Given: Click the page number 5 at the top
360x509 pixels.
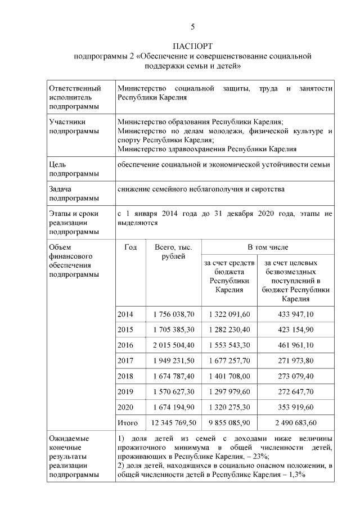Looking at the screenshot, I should pyautogui.click(x=192, y=26).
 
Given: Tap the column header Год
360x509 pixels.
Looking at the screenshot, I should pyautogui.click(x=130, y=247).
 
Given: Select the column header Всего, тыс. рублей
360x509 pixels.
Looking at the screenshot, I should pyautogui.click(x=173, y=252).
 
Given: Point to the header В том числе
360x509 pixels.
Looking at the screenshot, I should pyautogui.click(x=267, y=247).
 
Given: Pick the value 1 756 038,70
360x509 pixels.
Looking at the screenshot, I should pyautogui.click(x=173, y=313).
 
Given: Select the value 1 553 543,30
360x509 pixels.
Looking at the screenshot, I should pyautogui.click(x=229, y=344).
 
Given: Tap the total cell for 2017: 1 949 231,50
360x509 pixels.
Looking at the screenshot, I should pyautogui.click(x=173, y=360).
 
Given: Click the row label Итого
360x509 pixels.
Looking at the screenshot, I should pyautogui.click(x=126, y=422).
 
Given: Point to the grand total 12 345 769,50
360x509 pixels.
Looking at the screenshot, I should pyautogui.click(x=173, y=422).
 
